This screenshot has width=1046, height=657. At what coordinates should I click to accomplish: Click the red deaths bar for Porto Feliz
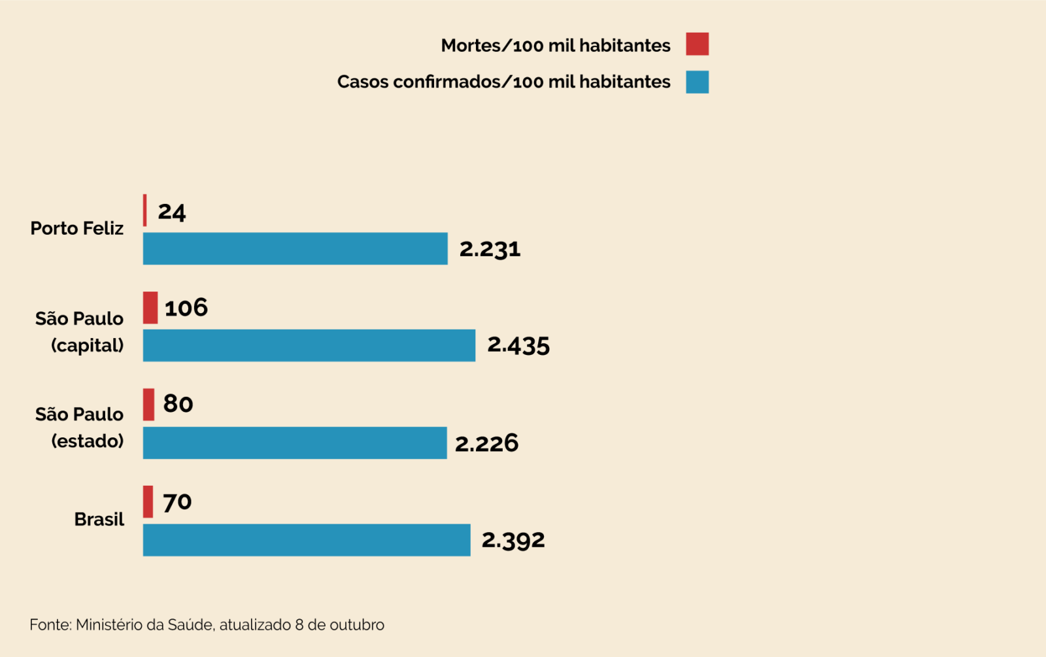(x=145, y=211)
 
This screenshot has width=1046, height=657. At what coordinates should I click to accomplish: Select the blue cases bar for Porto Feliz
(x=295, y=248)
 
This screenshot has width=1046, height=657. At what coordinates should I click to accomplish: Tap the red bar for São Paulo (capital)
(x=150, y=307)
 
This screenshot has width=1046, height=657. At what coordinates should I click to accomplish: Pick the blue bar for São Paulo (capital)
(x=309, y=345)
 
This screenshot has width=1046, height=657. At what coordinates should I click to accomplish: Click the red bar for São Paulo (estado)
(x=149, y=404)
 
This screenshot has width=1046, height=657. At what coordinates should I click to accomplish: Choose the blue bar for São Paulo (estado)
(x=294, y=443)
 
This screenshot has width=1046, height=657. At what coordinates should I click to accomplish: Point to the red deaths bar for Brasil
(x=148, y=501)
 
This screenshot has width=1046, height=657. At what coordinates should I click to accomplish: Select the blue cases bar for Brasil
(x=306, y=540)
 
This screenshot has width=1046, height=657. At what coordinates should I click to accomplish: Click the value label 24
(x=172, y=212)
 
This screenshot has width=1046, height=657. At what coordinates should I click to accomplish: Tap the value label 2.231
(x=490, y=249)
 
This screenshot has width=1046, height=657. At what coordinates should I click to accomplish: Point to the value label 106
(x=186, y=307)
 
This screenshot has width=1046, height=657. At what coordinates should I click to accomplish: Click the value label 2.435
(x=518, y=345)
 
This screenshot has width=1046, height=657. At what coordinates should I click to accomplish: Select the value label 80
(x=178, y=404)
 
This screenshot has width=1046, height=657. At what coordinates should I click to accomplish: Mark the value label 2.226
(x=487, y=443)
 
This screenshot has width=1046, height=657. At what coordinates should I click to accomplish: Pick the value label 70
(x=177, y=502)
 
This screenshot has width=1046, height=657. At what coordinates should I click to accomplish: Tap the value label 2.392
(x=513, y=540)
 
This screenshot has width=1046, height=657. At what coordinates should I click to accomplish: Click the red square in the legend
(x=697, y=44)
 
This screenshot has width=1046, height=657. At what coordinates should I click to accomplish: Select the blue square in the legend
(x=697, y=82)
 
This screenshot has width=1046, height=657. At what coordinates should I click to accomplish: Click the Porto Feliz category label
(x=77, y=228)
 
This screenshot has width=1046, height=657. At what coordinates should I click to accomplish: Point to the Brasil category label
(x=99, y=519)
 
